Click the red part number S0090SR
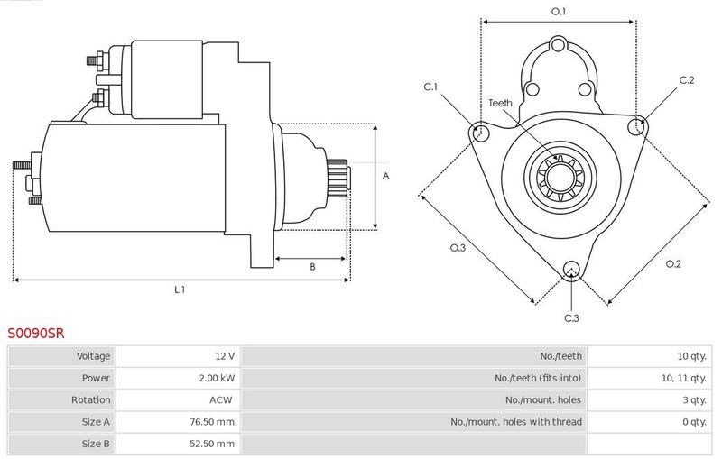click(x=36, y=333)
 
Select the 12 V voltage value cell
click(x=178, y=356)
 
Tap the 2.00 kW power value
click(x=217, y=378)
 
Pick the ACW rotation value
click(x=221, y=400)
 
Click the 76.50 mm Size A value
click(x=212, y=422)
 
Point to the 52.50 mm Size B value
click(x=212, y=444)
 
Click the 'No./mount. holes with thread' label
click(x=516, y=422)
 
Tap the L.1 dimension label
click(x=180, y=289)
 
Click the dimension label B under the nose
click(x=312, y=267)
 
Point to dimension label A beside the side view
click(x=386, y=176)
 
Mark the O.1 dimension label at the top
click(x=559, y=12)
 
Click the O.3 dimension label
click(x=458, y=248)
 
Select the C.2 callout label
click(x=687, y=80)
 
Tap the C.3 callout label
click(x=571, y=318)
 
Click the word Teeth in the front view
click(x=500, y=103)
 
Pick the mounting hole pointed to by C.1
click(x=481, y=132)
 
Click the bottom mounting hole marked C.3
click(x=571, y=270)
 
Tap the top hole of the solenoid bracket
click(x=558, y=45)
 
